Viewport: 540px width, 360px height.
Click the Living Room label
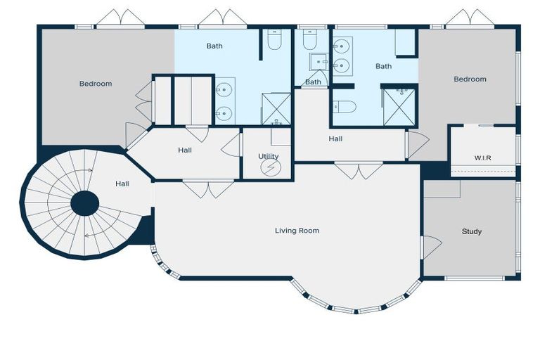[x=297, y=230]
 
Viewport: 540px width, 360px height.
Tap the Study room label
[x=471, y=231]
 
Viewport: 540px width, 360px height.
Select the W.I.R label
[x=482, y=157]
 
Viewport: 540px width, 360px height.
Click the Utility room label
[x=268, y=156]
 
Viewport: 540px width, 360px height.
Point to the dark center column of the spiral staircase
[x=85, y=204]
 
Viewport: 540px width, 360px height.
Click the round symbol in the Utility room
[x=270, y=168]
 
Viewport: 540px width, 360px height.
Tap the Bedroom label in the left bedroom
[x=95, y=84]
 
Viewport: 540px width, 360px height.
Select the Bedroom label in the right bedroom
[x=470, y=79]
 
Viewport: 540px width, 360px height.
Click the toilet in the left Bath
[x=274, y=40]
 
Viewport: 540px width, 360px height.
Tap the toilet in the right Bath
[x=345, y=107]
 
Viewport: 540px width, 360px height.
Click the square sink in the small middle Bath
[x=319, y=62]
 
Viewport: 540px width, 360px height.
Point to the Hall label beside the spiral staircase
[x=122, y=184]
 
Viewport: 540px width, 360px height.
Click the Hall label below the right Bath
[x=335, y=139]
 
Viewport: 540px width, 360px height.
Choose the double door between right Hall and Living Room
[x=359, y=171]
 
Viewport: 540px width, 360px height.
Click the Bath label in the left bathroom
[x=214, y=46]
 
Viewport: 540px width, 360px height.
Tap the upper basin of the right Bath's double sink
[x=342, y=47]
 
